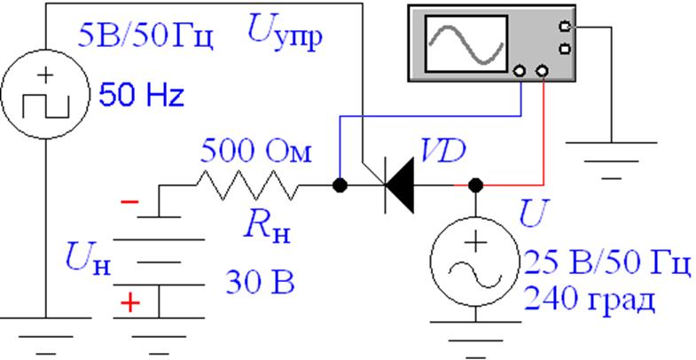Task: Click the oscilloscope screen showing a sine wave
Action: (x=466, y=44)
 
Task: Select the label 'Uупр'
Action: (x=282, y=38)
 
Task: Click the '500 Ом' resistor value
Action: (x=257, y=151)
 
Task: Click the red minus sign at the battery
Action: (x=129, y=203)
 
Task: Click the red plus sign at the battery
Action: (x=130, y=304)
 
